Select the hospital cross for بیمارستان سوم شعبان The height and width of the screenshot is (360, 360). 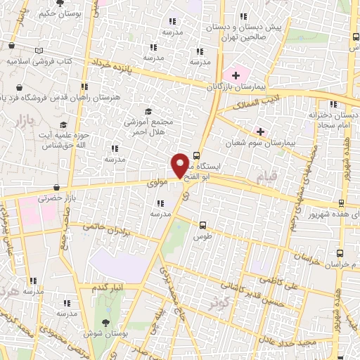[x=261, y=131]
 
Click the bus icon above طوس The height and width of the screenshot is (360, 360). [x=203, y=226]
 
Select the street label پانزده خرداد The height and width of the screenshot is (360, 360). [x=115, y=67]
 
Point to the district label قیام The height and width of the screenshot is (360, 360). [x=267, y=176]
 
